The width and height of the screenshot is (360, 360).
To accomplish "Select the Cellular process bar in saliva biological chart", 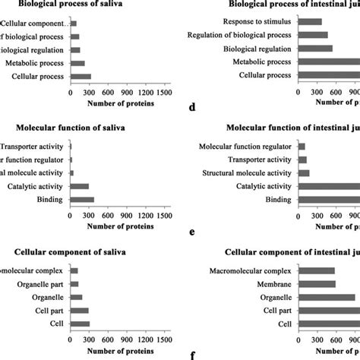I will point(81,76).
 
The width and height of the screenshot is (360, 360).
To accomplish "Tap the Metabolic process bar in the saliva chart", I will point(77,63).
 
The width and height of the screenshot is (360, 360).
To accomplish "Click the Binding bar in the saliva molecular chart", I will point(82,200).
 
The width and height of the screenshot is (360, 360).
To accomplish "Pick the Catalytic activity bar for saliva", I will point(80,186).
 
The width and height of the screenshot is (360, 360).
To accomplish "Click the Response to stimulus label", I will point(254,21).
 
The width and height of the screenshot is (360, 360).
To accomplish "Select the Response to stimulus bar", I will point(311,21).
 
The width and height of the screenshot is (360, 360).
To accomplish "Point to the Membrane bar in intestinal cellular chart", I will point(317,284).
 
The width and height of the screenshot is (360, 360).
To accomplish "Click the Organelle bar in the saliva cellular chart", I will point(77,297).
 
